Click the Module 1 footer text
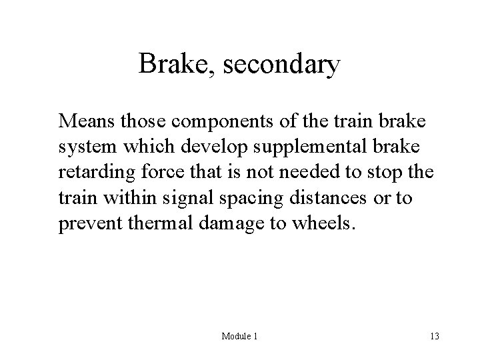[x=239, y=337]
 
